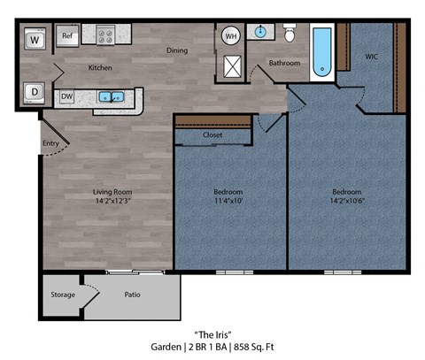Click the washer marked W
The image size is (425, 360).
tap(34, 39)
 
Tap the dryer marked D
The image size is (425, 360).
tap(34, 91)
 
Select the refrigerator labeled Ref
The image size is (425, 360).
tap(67, 36)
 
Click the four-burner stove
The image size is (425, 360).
tap(106, 36)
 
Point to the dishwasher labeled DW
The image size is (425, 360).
tap(67, 96)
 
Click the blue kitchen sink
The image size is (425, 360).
tap(112, 96)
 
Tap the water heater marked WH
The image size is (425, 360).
tap(231, 36)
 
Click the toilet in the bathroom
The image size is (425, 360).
tap(290, 33)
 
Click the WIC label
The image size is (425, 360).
tap(372, 56)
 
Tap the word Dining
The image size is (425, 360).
tap(177, 50)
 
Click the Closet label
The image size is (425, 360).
tap(212, 135)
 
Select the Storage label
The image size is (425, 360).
tap(62, 295)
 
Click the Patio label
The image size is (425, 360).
tap(133, 295)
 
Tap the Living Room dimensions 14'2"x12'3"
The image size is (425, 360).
tap(112, 201)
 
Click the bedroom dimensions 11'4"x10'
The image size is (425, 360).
tap(228, 201)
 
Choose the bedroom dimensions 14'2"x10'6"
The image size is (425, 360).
tap(346, 201)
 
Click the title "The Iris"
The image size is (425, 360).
tap(212, 334)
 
